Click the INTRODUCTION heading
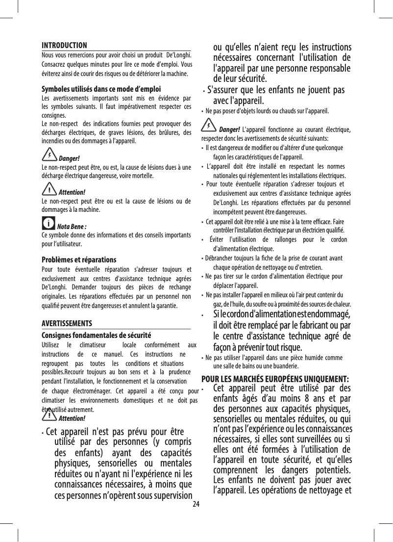click(64, 45)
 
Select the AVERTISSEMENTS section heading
click(67, 324)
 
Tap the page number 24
click(196, 505)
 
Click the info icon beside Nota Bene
click(49, 225)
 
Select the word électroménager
click(90, 390)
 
